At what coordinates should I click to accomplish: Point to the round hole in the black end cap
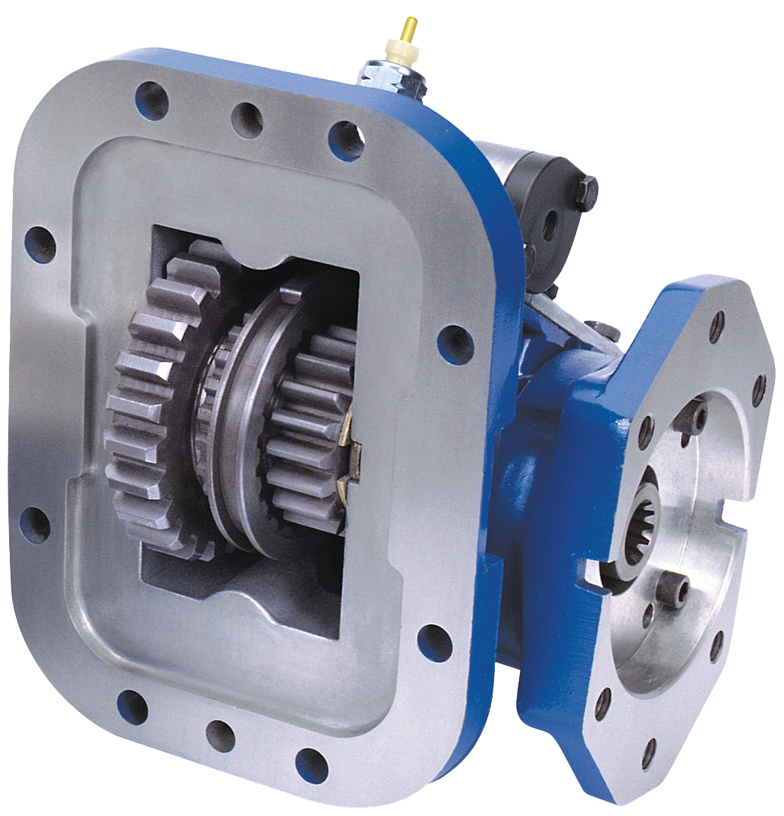[x=549, y=225]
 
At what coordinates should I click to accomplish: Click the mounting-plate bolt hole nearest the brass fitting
[x=345, y=140]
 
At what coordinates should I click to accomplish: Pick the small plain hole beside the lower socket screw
[x=648, y=614]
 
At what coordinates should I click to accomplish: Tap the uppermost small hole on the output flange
[x=716, y=326]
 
